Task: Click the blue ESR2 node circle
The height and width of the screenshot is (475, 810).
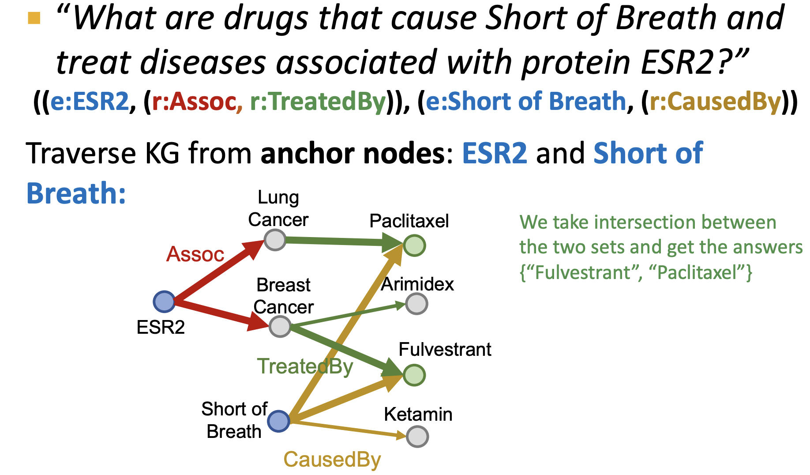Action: tap(164, 302)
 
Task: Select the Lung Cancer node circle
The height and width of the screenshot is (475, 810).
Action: tap(275, 240)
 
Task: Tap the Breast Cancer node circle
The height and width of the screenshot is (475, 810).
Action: tap(280, 326)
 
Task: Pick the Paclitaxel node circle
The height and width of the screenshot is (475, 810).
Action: tap(414, 245)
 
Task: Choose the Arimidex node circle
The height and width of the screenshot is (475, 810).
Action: tap(416, 304)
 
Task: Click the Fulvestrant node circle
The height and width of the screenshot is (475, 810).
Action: tap(414, 375)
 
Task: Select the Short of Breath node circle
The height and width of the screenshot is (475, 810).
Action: tap(278, 421)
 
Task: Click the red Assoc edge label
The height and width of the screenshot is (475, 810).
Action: tap(195, 254)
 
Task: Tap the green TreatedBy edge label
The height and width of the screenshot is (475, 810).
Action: tap(305, 366)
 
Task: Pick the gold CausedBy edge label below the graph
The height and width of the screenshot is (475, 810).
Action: tap(332, 459)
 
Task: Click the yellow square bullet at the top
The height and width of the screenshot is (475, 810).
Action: tap(34, 18)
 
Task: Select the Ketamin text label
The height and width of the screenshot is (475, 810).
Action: tap(418, 414)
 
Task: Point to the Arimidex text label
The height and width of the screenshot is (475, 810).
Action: tap(417, 284)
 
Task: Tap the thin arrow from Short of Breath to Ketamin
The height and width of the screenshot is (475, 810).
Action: tap(348, 429)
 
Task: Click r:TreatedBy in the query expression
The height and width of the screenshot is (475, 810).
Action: tap(318, 102)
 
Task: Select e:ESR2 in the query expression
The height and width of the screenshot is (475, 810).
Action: tap(90, 102)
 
